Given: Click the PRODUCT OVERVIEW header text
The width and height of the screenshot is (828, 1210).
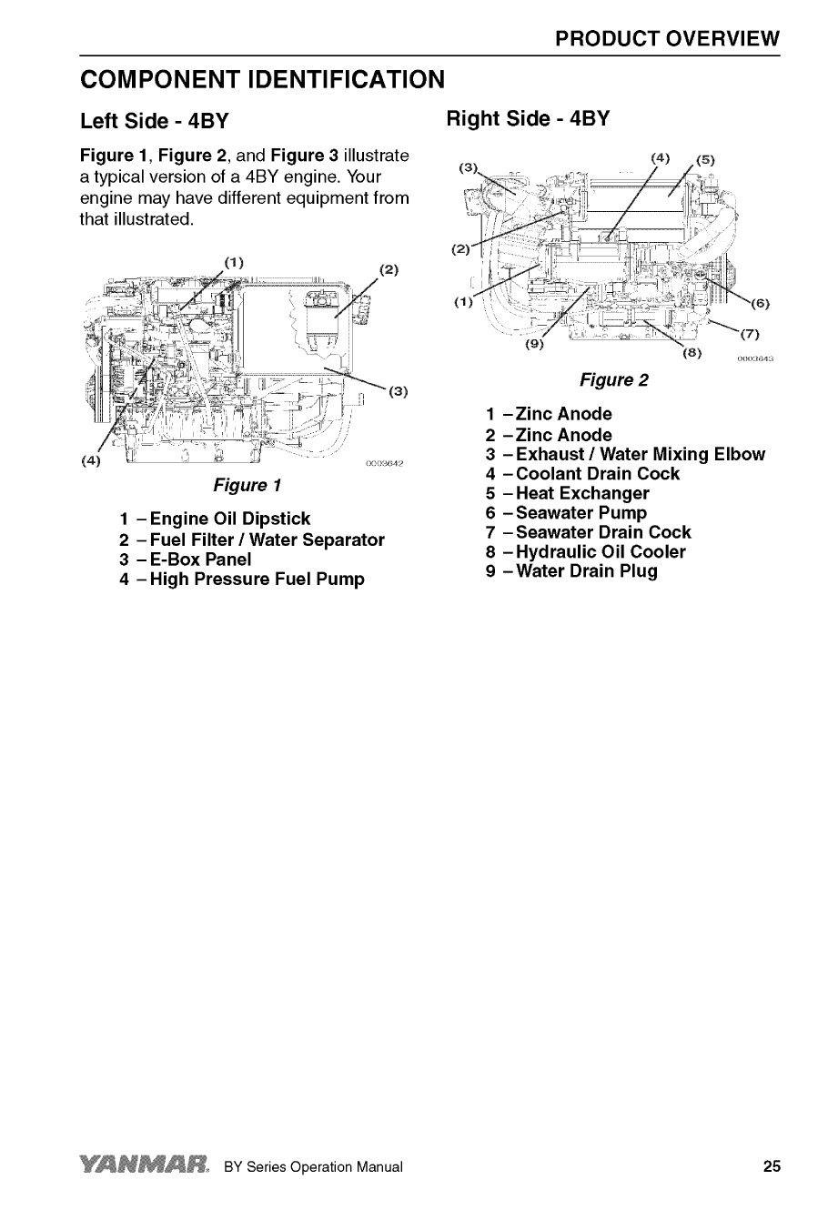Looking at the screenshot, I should tap(668, 38).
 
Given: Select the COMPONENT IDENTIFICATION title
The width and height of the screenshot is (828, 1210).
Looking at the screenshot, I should tap(262, 79).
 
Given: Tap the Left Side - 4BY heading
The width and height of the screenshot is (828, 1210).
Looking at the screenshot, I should tap(154, 121).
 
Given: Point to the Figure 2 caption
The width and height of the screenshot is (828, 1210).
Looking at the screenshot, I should tap(614, 379).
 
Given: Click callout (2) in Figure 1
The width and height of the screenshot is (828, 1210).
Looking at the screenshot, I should tap(389, 269).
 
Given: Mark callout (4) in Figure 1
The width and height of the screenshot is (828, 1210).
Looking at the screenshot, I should tap(91, 460).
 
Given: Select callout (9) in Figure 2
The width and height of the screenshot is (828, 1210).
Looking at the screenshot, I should tap(536, 345).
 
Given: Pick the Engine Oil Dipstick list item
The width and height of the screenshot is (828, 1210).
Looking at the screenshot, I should tap(215, 520).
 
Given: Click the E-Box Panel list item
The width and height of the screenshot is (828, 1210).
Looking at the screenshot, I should tap(185, 560).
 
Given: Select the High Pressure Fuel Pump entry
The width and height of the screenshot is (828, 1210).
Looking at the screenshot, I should tap(241, 580).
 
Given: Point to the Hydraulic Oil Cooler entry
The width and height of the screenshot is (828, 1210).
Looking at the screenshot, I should tap(586, 552).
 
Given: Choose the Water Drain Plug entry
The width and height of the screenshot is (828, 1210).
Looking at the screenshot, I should tap(571, 572).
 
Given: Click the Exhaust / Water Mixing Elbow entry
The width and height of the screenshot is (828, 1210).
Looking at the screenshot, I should tap(625, 455).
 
